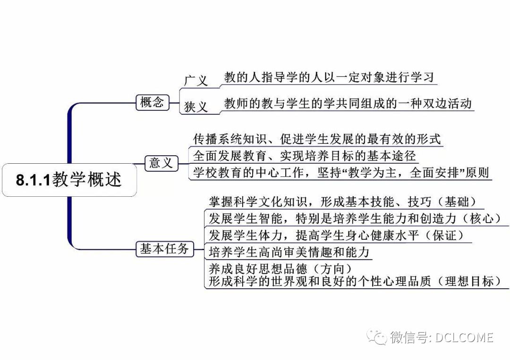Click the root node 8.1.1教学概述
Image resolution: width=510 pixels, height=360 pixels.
coord(69,180)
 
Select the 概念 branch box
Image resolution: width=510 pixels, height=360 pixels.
coord(152,102)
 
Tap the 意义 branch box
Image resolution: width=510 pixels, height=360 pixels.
coord(161,163)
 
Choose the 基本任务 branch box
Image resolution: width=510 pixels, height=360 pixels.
coord(164,249)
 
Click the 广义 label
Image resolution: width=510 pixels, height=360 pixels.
coord(195,80)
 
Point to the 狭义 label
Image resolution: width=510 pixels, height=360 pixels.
coord(196,107)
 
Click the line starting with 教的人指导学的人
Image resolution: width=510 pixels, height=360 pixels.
coord(329,77)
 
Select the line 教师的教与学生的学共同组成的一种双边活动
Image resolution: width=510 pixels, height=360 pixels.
coord(348,104)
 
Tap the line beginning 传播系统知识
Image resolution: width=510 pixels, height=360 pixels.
coord(317,139)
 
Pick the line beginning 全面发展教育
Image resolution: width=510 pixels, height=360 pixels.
coord(305,156)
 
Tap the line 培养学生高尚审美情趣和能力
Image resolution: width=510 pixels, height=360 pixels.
coord(289,252)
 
